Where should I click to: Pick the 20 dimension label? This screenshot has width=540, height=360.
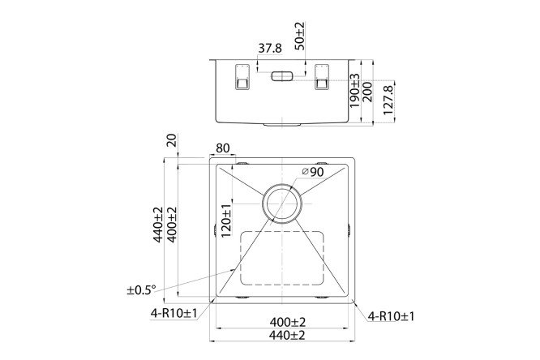point(171,141)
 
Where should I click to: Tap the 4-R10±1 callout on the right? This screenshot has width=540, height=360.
point(392,315)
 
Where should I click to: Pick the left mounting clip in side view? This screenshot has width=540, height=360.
point(241,77)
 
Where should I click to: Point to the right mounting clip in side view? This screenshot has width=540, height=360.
point(321,77)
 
